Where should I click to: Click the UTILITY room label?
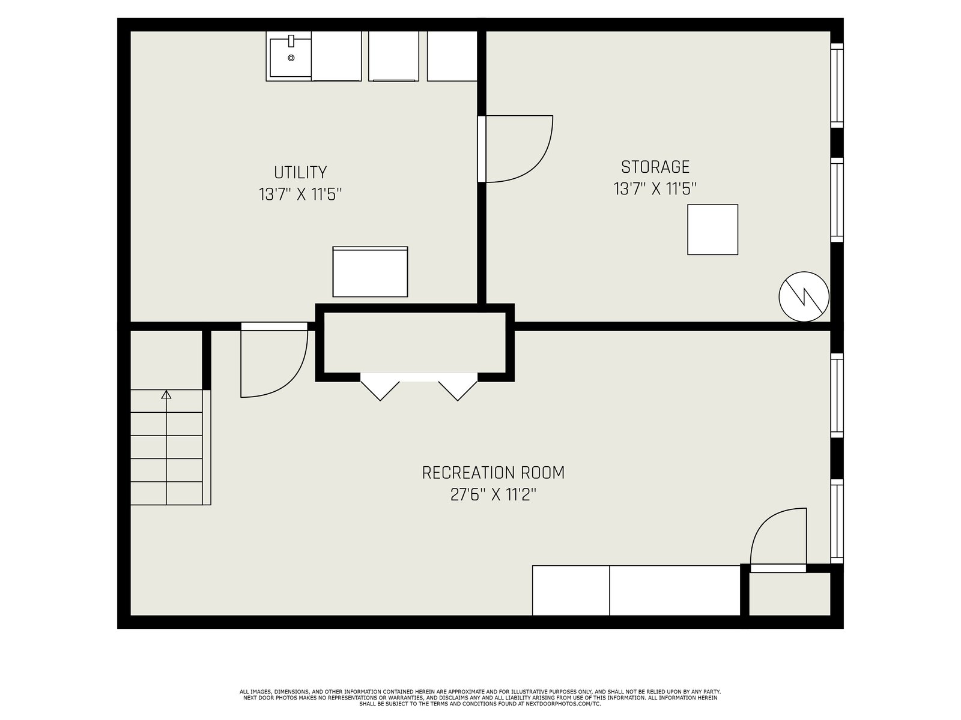click(x=300, y=172)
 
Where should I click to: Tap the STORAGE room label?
click(x=655, y=167)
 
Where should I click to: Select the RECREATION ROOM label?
click(x=493, y=473)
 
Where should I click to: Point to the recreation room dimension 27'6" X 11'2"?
click(x=493, y=495)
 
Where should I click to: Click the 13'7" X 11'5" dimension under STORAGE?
click(x=655, y=189)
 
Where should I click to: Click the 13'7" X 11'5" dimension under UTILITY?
click(x=300, y=194)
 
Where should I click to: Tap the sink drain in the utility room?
click(x=291, y=58)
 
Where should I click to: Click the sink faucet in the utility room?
click(x=291, y=41)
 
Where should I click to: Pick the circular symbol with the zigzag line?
click(x=804, y=296)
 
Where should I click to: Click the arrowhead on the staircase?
click(x=166, y=394)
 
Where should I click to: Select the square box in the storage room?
click(x=713, y=230)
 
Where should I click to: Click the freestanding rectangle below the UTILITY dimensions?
click(x=371, y=271)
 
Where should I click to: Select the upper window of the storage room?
click(x=837, y=85)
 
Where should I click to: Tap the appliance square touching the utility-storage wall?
click(x=452, y=56)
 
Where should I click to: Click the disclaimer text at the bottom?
click(x=480, y=698)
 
